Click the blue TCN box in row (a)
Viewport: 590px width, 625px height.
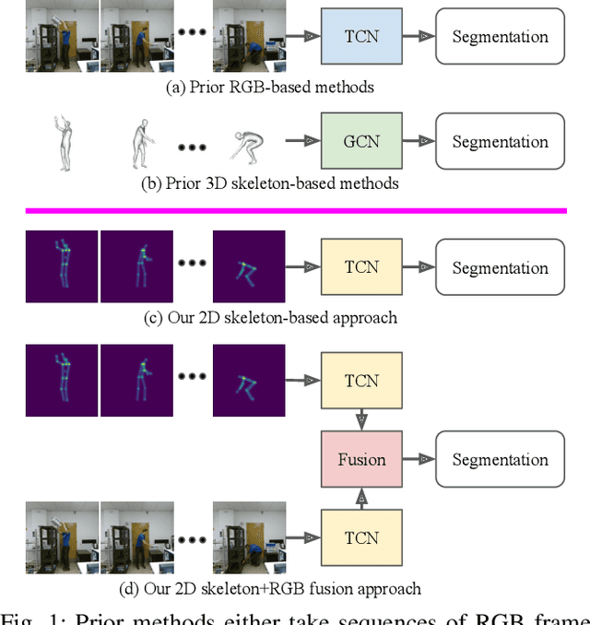pyautogui.click(x=361, y=37)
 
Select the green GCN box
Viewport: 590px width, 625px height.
pyautogui.click(x=361, y=142)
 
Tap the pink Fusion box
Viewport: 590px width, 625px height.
pyautogui.click(x=361, y=459)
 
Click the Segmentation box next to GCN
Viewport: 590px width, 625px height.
pyautogui.click(x=500, y=142)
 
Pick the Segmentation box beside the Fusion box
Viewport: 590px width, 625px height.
pyautogui.click(x=500, y=459)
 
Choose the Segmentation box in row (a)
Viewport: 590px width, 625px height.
pyautogui.click(x=500, y=37)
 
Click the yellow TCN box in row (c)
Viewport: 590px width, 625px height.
pyautogui.click(x=361, y=267)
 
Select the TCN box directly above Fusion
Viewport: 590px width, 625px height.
pyautogui.click(x=361, y=381)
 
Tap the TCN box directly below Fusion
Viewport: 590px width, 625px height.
pyautogui.click(x=361, y=537)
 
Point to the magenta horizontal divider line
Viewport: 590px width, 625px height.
pyautogui.click(x=295, y=210)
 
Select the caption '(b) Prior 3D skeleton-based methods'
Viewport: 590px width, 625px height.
pyautogui.click(x=268, y=183)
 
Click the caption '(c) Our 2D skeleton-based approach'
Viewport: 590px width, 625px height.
pyautogui.click(x=270, y=318)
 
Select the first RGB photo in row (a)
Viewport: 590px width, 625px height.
pyautogui.click(x=62, y=37)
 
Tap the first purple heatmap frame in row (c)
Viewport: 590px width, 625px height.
pyautogui.click(x=62, y=267)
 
